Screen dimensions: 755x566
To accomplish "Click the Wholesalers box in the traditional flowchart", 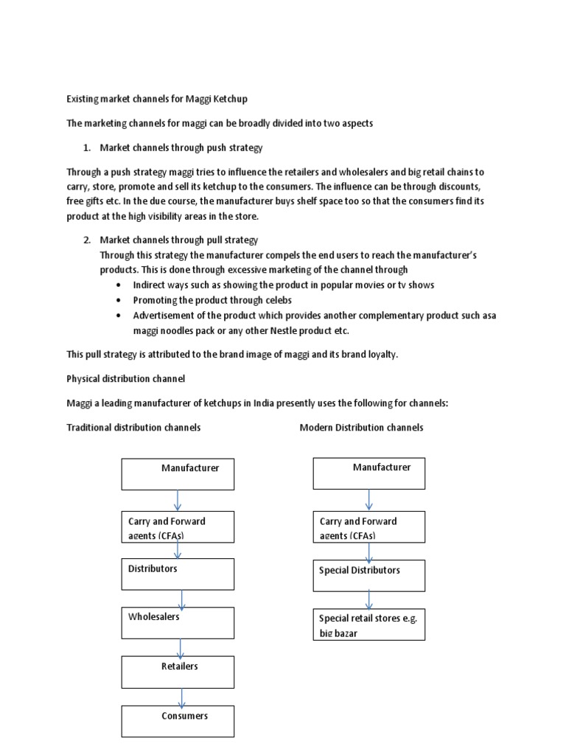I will pos(178,623).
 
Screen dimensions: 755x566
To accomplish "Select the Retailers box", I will pos(178,672).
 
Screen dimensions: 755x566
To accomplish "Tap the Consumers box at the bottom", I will pos(178,721).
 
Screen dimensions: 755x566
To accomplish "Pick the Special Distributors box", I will pos(368,575).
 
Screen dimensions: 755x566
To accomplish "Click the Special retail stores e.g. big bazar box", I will pos(368,624).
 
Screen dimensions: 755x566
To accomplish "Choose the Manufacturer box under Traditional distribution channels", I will pos(178,473).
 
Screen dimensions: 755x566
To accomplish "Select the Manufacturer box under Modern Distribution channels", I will pos(368,473).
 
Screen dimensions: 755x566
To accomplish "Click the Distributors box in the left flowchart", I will pos(178,574).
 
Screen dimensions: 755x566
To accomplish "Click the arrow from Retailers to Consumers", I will pos(181,697).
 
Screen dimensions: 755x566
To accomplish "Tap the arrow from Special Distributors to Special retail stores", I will pos(369,599).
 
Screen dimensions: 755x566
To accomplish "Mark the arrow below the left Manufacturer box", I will pos(178,501).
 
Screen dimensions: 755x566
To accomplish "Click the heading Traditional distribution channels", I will pos(133,428).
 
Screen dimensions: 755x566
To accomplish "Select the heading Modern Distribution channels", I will pos(361,428).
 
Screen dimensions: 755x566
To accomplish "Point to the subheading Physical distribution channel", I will pos(126,379).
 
